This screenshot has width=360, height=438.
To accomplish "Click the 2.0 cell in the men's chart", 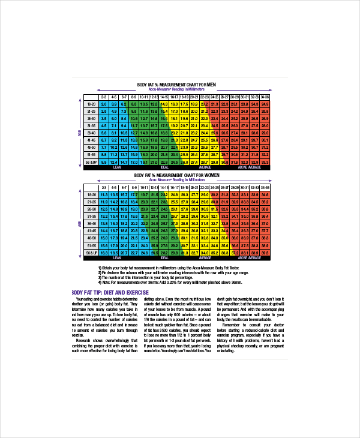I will [103, 104].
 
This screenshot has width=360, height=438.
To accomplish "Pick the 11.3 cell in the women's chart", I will [103, 194].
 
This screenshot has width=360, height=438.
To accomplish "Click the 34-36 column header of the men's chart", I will [265, 97].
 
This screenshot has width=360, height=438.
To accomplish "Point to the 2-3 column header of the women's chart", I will [103, 187].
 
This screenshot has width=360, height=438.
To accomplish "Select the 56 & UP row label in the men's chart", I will [91, 162].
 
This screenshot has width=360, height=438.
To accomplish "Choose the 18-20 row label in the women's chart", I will [91, 194].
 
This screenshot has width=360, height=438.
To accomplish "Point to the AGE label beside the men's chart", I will [79, 133].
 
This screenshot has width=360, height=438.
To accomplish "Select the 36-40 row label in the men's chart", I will [91, 133].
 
